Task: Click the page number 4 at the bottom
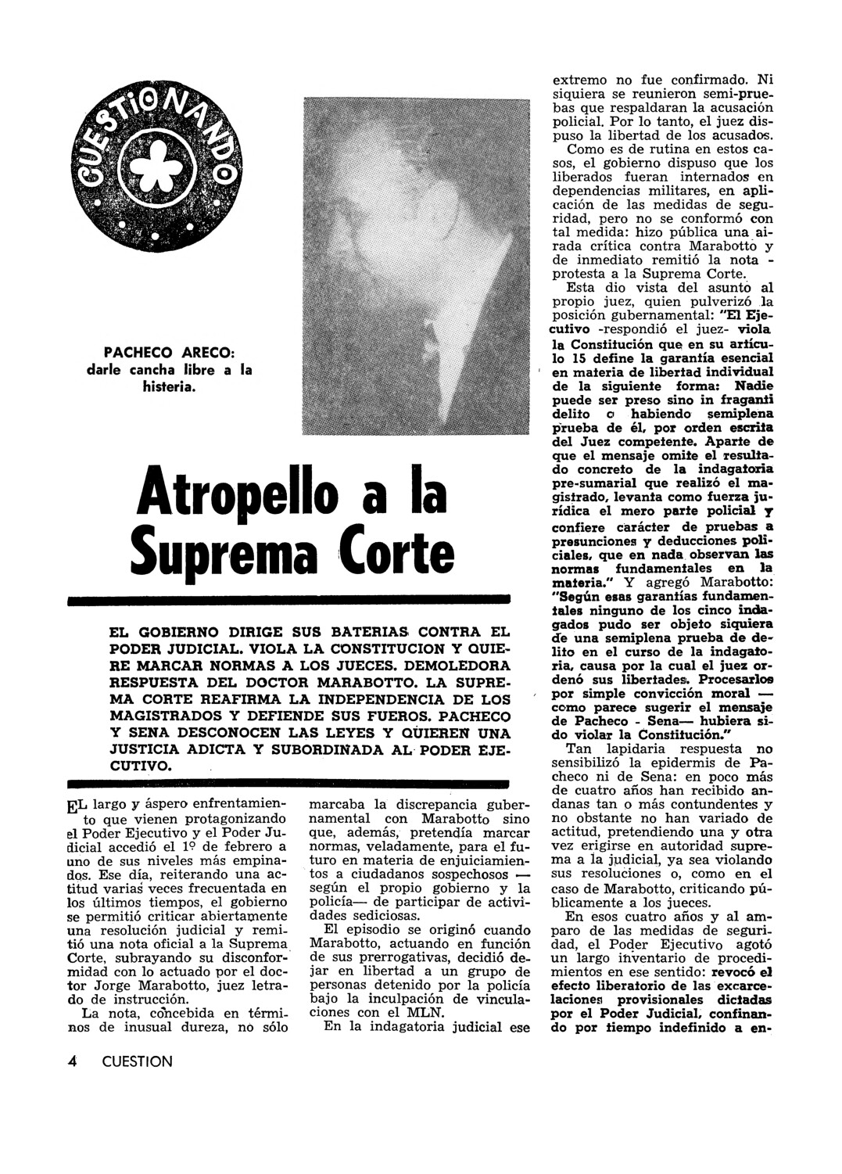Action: tap(73, 1061)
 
